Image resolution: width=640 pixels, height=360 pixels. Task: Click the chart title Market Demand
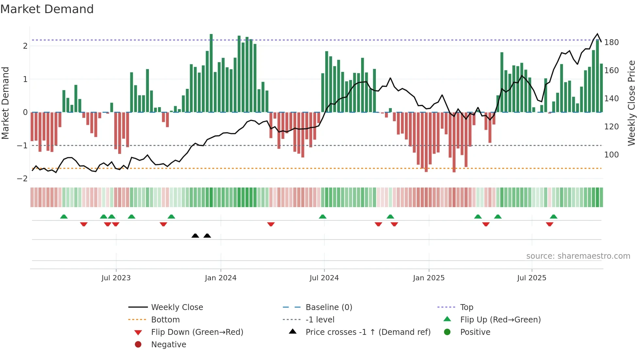(x=47, y=9)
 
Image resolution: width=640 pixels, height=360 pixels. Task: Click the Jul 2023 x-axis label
(x=116, y=278)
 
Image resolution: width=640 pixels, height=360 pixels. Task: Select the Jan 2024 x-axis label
(x=220, y=278)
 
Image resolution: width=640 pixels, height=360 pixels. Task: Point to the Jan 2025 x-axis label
(x=428, y=278)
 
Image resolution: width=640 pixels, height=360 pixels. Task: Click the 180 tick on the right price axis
(x=611, y=42)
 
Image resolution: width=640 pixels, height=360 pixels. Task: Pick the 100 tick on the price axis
(x=611, y=155)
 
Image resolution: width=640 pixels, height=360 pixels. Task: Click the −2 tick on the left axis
(x=22, y=179)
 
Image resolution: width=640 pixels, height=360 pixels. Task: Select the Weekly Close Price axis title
(x=632, y=103)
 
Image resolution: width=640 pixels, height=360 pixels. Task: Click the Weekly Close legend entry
(x=177, y=307)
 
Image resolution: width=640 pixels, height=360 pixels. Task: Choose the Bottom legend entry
(x=165, y=320)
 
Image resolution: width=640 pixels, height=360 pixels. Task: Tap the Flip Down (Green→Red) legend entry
(x=197, y=332)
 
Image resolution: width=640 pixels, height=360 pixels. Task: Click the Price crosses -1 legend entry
(x=368, y=332)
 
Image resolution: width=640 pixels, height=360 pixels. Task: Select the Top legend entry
(x=466, y=307)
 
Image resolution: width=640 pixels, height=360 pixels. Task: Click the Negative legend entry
(x=168, y=345)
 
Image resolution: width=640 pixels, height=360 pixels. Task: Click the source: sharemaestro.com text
(x=578, y=256)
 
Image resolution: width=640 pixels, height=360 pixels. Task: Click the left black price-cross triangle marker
(x=195, y=236)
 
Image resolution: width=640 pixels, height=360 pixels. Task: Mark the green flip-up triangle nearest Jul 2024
(x=323, y=217)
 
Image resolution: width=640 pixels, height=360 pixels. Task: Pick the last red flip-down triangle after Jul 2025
(x=550, y=224)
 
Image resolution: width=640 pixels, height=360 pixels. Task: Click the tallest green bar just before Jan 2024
(x=211, y=72)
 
